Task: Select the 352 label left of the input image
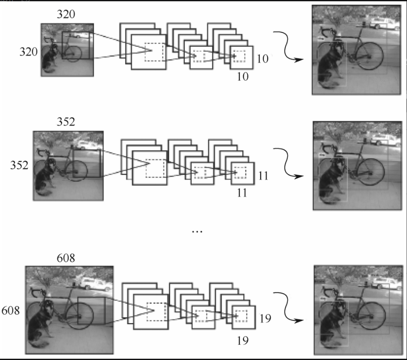(19, 166)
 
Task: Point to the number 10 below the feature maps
(242, 77)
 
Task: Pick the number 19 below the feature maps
(242, 341)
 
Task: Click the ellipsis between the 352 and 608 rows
(197, 231)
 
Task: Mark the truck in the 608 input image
(95, 283)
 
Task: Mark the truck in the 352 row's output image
(384, 139)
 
